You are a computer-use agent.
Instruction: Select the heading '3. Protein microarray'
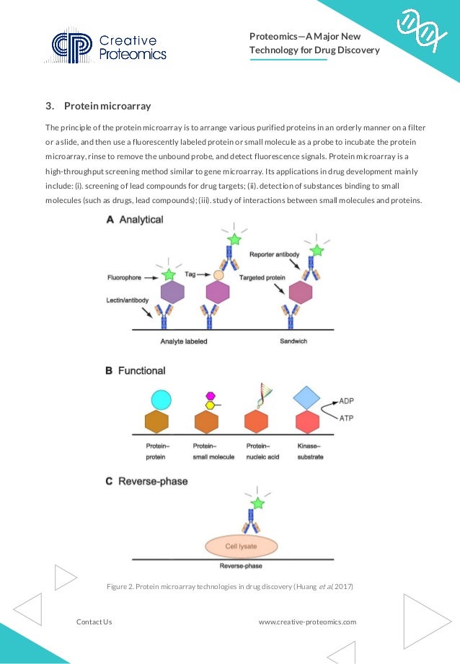point(98,107)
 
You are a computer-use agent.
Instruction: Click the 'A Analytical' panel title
point(135,220)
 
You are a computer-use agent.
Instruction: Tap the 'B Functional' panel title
point(136,371)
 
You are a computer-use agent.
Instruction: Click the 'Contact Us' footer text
point(94,622)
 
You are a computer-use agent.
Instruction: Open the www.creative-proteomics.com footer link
point(307,622)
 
